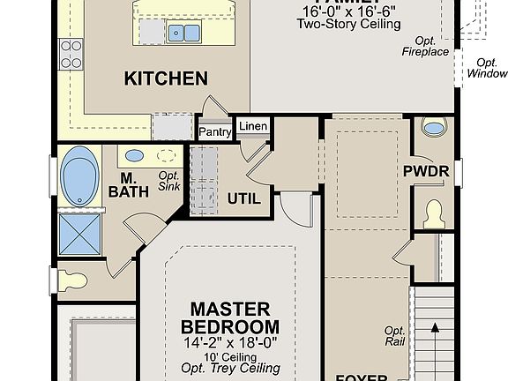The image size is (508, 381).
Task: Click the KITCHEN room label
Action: pos(166,78)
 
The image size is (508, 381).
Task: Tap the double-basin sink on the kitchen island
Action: pos(183,34)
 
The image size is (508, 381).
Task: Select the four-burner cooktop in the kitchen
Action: pos(70,56)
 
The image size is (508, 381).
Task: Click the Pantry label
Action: pos(214,131)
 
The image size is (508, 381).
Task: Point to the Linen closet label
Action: pos(253,126)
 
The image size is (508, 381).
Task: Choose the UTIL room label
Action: pos(244,198)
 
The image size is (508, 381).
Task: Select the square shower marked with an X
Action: pos(79,233)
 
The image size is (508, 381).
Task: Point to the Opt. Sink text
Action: pos(169,181)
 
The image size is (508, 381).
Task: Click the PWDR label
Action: pos(427,171)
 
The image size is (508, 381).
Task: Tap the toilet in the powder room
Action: pos(433,213)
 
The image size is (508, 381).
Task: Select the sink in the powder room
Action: pos(433,128)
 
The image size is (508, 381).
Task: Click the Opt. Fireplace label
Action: pos(427,46)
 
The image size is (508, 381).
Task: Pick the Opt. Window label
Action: pos(486,69)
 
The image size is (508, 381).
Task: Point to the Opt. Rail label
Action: pos(394,336)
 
